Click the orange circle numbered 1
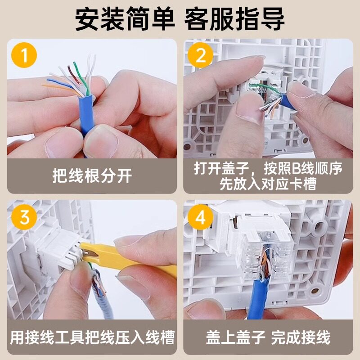click(x=24, y=55)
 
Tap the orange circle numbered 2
click(x=200, y=55)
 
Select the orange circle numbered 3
click(x=24, y=217)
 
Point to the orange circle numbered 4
click(x=200, y=217)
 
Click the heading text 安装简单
click(x=125, y=19)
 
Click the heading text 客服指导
click(x=234, y=19)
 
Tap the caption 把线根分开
click(x=92, y=176)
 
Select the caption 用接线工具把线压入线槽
click(x=92, y=337)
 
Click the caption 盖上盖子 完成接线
click(x=268, y=337)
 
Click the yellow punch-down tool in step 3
click(x=129, y=257)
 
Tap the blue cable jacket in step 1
click(x=86, y=115)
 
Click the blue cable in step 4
click(x=260, y=298)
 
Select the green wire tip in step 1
click(x=74, y=63)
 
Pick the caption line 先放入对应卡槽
click(x=268, y=184)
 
